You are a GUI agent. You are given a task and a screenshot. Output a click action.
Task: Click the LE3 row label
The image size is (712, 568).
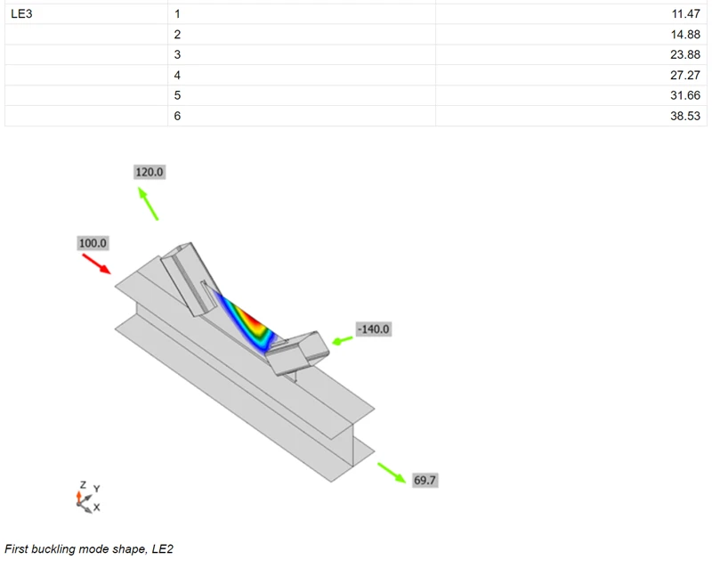tap(21, 13)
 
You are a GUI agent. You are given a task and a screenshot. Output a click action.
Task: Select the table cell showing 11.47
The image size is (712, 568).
tap(685, 13)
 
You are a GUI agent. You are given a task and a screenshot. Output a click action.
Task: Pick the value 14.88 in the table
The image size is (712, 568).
tap(685, 34)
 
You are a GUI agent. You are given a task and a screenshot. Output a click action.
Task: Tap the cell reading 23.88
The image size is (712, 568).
tap(685, 54)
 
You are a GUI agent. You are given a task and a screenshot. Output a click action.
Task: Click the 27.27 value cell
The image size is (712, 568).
tap(685, 75)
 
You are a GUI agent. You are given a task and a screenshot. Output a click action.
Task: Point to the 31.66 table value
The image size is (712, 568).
tap(685, 95)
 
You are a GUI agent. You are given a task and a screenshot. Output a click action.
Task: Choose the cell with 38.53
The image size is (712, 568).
tap(685, 116)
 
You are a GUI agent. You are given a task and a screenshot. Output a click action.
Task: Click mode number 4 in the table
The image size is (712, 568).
tap(177, 75)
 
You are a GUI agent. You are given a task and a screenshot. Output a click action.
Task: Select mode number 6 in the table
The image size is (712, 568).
tap(177, 116)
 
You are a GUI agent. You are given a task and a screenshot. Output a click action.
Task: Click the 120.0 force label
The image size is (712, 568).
tap(150, 172)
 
